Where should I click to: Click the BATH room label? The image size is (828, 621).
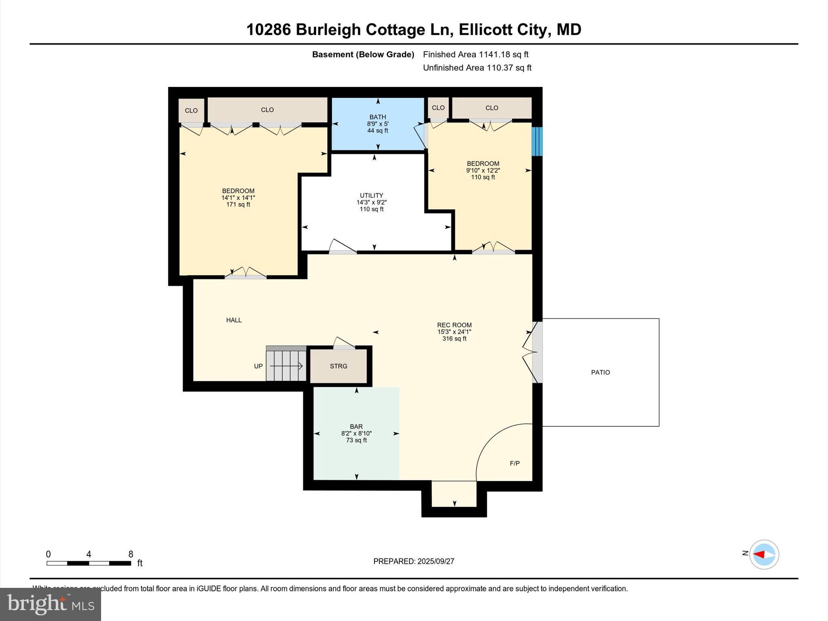pyautogui.click(x=378, y=117)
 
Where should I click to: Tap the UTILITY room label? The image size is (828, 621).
pyautogui.click(x=371, y=195)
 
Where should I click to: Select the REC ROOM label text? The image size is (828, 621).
pyautogui.click(x=454, y=325)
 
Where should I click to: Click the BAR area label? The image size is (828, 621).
pyautogui.click(x=356, y=427)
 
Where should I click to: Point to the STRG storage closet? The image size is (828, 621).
pyautogui.click(x=338, y=366)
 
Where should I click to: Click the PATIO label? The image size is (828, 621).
pyautogui.click(x=600, y=372)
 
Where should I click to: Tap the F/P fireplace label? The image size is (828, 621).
pyautogui.click(x=515, y=463)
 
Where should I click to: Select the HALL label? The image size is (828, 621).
pyautogui.click(x=234, y=320)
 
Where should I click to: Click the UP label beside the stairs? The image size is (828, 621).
pyautogui.click(x=258, y=366)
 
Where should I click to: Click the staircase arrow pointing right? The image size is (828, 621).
pyautogui.click(x=286, y=366)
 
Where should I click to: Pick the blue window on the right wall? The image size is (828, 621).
pyautogui.click(x=537, y=142)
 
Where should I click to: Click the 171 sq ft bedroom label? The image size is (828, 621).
pyautogui.click(x=238, y=205)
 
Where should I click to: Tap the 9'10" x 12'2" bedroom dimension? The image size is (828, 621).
pyautogui.click(x=483, y=171)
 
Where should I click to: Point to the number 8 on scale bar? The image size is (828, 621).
pyautogui.click(x=131, y=554)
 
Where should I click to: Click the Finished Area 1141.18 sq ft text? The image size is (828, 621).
pyautogui.click(x=475, y=55)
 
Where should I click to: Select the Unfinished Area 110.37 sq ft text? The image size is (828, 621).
pyautogui.click(x=477, y=68)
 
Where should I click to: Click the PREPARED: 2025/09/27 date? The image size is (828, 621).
pyautogui.click(x=414, y=561)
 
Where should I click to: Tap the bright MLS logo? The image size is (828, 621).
pyautogui.click(x=51, y=604)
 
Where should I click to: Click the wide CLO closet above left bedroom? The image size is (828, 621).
pyautogui.click(x=267, y=110)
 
